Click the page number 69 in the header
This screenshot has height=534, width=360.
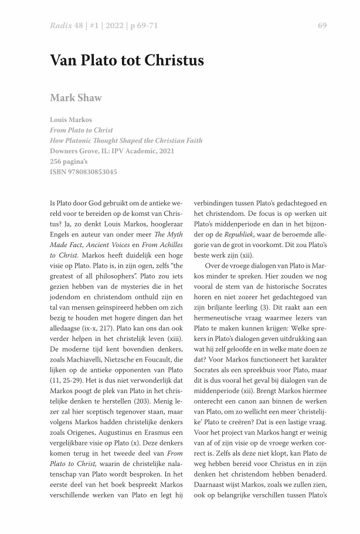(x=322, y=25)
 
